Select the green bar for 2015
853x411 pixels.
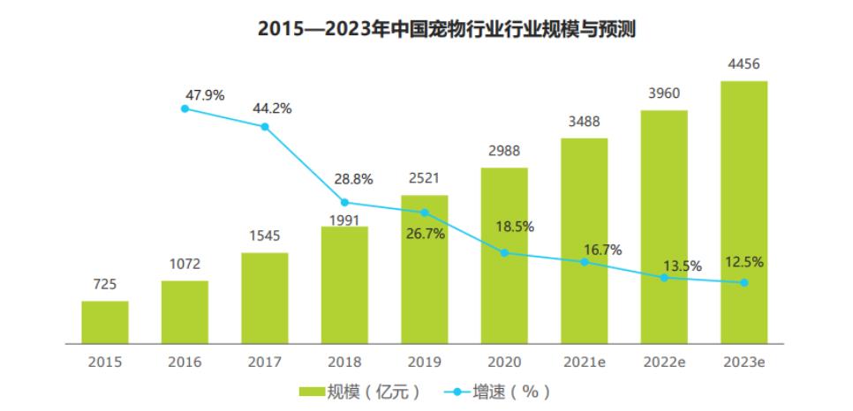105,322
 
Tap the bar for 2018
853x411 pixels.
344,284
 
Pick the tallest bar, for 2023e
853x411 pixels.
744,212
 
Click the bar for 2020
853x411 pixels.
504,255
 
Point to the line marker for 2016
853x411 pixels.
185,108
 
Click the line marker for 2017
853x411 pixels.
265,127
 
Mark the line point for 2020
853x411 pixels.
504,253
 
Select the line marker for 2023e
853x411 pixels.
744,283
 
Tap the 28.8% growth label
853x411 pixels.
353,179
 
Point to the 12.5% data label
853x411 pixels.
744,262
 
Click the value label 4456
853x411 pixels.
744,64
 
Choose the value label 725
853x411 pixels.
105,284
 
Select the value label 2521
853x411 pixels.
425,179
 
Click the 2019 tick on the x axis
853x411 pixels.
425,362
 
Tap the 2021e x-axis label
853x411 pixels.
584,362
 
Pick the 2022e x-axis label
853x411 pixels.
664,362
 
